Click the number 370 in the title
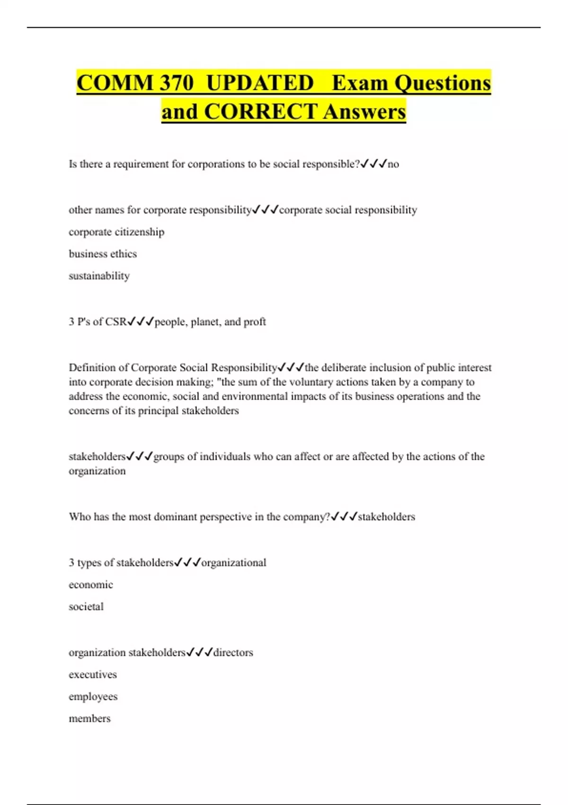(x=177, y=83)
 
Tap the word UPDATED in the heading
(x=260, y=83)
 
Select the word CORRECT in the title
(x=260, y=112)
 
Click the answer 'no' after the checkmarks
(x=393, y=164)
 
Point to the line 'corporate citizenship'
(x=116, y=232)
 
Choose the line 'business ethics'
(x=103, y=254)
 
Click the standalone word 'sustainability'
(x=99, y=276)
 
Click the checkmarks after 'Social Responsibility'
(x=291, y=367)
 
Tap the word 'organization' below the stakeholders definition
(x=97, y=471)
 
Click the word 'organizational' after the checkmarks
(x=234, y=563)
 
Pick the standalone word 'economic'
(x=91, y=585)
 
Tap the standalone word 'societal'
(x=86, y=607)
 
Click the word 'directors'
(x=233, y=653)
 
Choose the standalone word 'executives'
(x=93, y=675)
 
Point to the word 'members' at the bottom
(x=89, y=719)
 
